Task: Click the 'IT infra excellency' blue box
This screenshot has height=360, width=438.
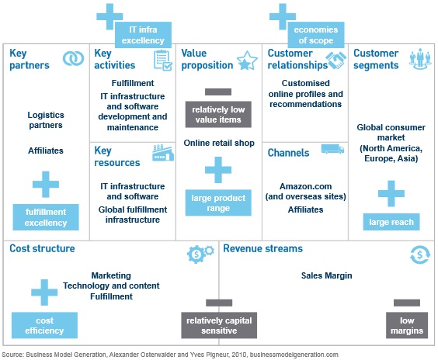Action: pos(143,35)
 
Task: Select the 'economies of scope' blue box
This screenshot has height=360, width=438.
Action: pos(316,35)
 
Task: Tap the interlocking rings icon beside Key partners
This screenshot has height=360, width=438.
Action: pos(73,59)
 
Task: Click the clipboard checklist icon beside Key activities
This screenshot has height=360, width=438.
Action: pos(163,60)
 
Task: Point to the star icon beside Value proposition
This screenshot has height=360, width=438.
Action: pos(247,61)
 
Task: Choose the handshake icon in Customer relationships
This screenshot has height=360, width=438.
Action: pos(336,61)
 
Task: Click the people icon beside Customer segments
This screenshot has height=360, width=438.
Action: pos(420,59)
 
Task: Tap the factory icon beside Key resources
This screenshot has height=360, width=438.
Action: pos(163,153)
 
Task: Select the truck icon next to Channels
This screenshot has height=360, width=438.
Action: pos(332,149)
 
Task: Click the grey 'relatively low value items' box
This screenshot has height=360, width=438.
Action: pos(218,114)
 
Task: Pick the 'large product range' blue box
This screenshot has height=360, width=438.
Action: pos(218,202)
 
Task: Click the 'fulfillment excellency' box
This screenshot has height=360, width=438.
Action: pos(46,217)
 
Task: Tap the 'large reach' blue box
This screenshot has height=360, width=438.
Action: pos(391,222)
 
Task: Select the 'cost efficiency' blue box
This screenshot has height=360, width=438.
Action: pos(44,325)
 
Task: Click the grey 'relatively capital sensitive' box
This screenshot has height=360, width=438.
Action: pos(219,325)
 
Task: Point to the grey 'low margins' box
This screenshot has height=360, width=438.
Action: pos(407,325)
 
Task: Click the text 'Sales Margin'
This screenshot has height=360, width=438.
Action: pos(326,275)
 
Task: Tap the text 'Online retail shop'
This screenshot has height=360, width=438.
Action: pos(219,143)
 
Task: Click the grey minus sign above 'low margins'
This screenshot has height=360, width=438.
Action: pos(407,303)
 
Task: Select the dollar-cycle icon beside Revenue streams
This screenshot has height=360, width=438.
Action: pos(420,254)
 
